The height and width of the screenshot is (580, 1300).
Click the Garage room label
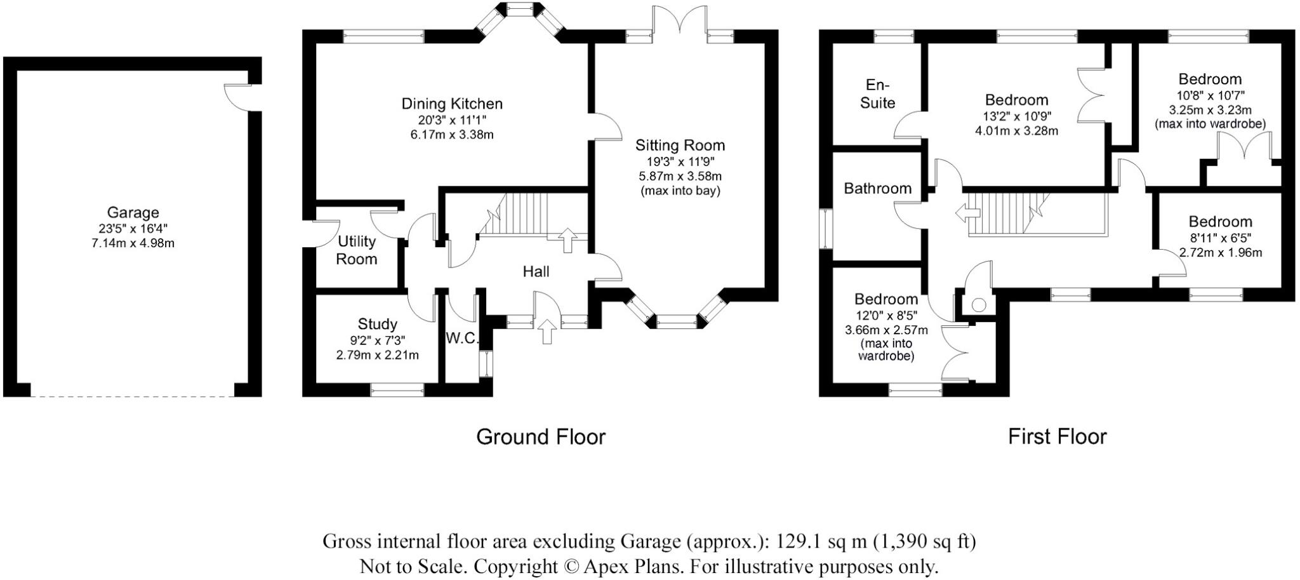point(133,213)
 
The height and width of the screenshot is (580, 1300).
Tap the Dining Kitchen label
point(451,104)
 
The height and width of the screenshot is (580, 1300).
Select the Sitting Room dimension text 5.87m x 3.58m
point(680,176)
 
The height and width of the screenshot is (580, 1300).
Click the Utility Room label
point(356,250)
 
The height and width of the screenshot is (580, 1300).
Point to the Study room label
point(377,324)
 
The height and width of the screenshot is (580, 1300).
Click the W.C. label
point(461,339)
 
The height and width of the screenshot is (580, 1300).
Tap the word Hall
point(536,272)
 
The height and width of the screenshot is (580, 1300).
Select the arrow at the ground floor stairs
point(567,240)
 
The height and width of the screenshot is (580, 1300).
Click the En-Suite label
point(877,94)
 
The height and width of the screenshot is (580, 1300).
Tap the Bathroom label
point(877,189)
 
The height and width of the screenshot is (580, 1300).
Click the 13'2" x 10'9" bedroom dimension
point(1016,116)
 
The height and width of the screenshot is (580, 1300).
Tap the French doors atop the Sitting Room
point(679,19)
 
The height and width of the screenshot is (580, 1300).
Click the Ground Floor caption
point(541,437)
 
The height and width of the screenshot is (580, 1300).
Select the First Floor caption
point(1057,437)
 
